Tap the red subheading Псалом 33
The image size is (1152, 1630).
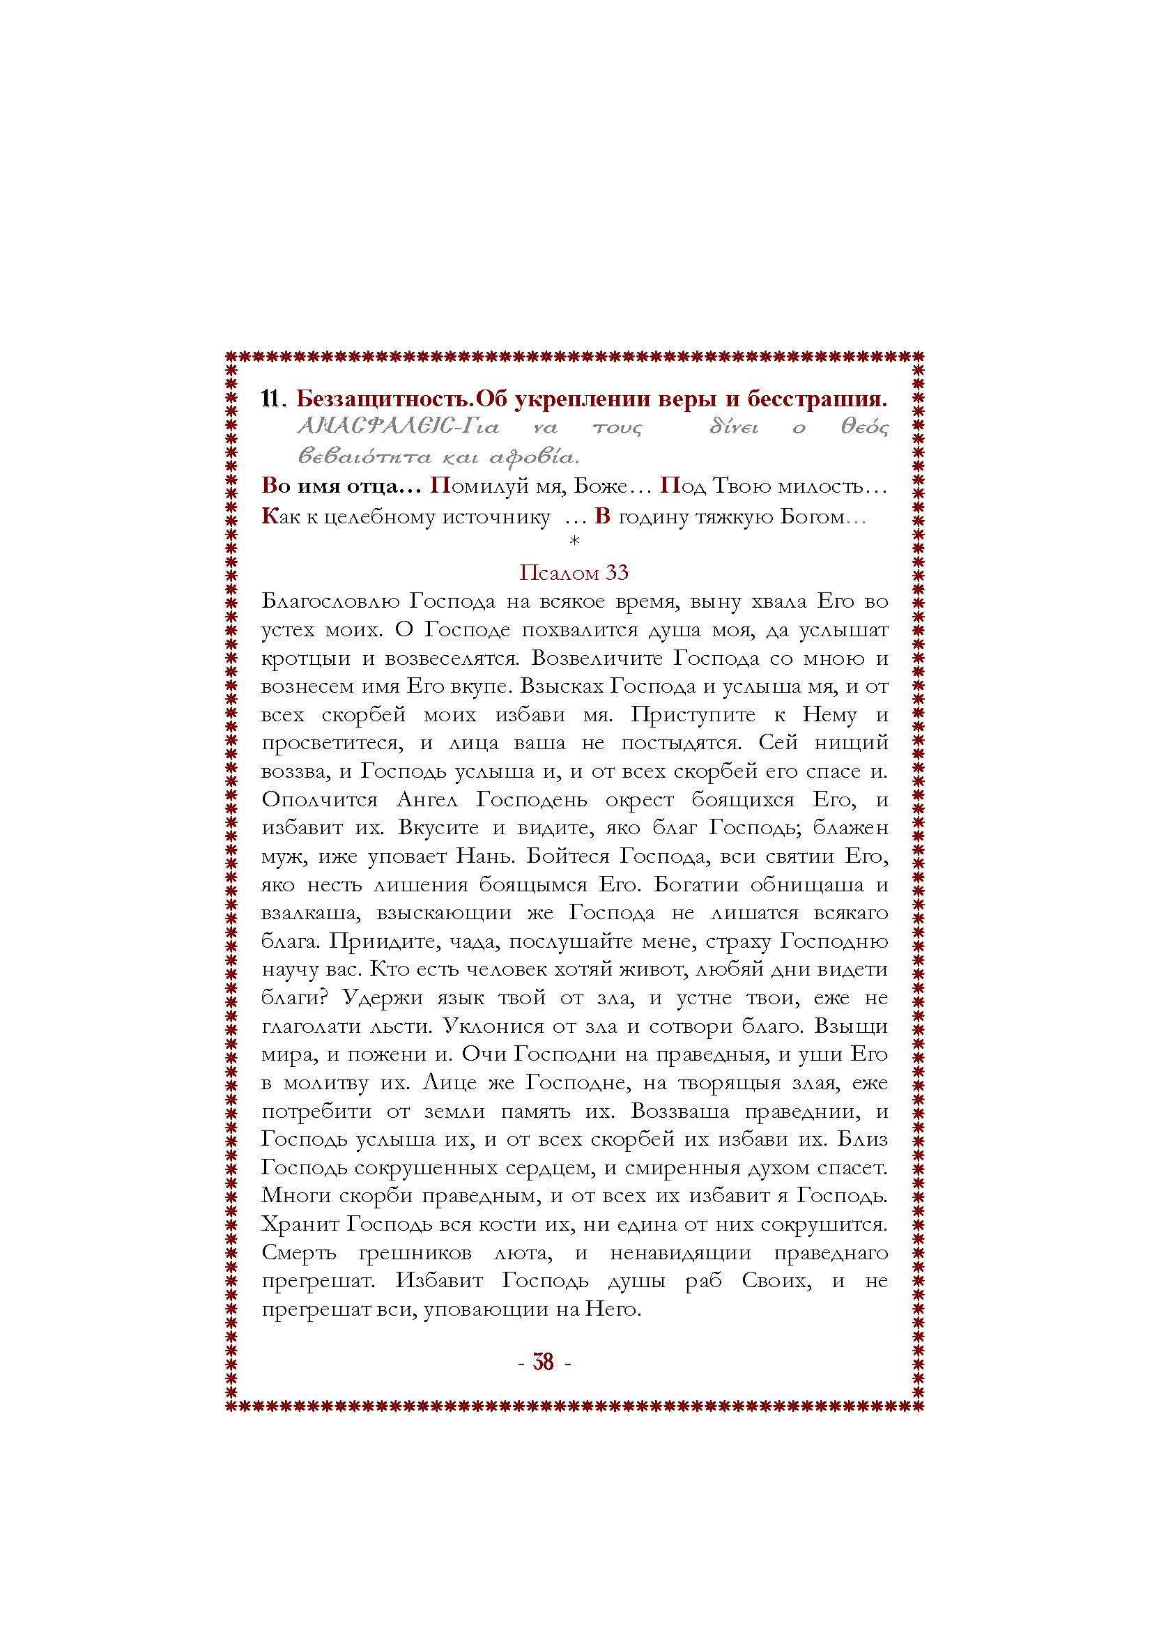point(574,572)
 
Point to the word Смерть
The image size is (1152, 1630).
point(298,1254)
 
